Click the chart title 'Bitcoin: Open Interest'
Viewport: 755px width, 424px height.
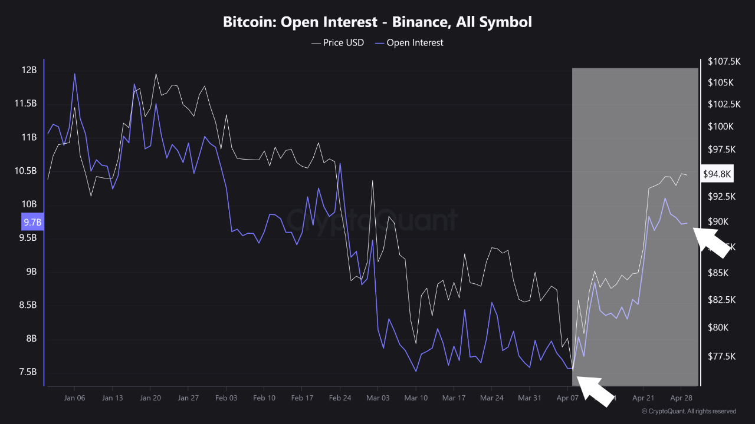coord(377,22)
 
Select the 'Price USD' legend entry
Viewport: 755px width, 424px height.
coord(337,42)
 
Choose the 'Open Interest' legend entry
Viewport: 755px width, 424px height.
coord(409,42)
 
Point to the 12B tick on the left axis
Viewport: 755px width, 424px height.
coord(29,70)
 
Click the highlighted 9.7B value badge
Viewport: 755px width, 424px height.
coord(32,222)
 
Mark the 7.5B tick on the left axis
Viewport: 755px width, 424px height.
coord(28,372)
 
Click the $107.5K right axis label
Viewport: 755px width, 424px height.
coord(724,62)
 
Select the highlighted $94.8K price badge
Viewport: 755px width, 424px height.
coord(717,174)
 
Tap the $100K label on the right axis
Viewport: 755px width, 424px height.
coord(720,127)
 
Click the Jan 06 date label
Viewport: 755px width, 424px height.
coord(74,398)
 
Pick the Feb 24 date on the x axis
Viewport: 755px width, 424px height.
coord(340,398)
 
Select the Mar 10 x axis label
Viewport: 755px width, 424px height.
coord(416,398)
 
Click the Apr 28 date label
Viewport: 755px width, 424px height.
coord(681,398)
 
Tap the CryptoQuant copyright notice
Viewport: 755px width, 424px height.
coord(688,411)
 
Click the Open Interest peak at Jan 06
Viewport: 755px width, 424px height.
coord(74,74)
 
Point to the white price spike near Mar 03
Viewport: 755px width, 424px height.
coord(373,181)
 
